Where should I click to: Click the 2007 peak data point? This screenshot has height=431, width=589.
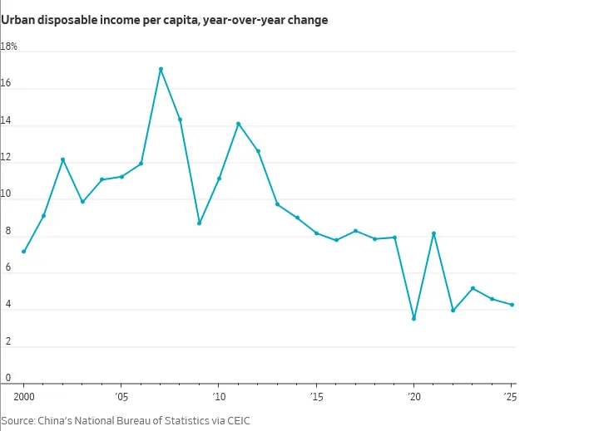pos(161,69)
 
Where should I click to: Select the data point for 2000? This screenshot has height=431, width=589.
pos(23,252)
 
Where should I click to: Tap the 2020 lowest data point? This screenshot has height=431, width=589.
pos(414,319)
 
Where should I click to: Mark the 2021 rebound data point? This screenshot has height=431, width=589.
pos(434,233)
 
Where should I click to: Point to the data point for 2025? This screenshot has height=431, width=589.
pos(512,305)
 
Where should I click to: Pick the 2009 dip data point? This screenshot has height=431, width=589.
pos(200,223)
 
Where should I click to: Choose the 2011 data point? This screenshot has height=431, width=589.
pos(238,124)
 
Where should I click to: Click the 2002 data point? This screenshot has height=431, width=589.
pos(63,159)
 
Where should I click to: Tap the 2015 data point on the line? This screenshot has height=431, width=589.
pos(317,233)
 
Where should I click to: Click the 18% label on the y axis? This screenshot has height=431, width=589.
pos(8,47)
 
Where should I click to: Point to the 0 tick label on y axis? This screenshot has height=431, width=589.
pos(7,378)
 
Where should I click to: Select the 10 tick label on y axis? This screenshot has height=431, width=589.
pos(6,193)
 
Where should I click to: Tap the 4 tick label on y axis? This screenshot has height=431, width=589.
pos(7,304)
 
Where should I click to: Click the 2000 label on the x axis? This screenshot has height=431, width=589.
pos(24,397)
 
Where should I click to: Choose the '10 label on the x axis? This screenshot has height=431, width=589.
pos(219,397)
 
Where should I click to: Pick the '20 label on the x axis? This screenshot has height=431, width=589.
pos(414,397)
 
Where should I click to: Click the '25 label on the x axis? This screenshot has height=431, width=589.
pos(510,397)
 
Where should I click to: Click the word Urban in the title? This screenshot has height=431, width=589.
pos(17,20)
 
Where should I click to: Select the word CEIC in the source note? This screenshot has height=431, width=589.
pos(239,420)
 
